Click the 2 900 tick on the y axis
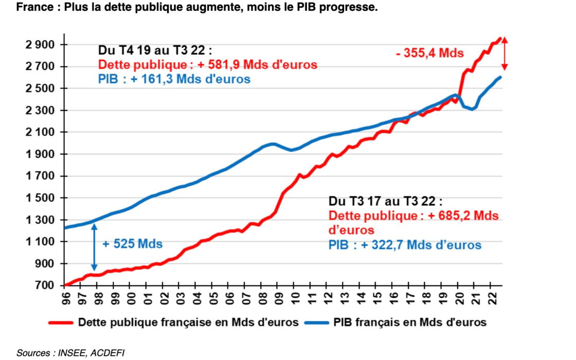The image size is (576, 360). tap(40, 45)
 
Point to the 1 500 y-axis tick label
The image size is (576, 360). tap(40, 198)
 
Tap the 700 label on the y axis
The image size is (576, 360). tap(44, 285)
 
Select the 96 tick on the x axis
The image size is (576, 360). tap(65, 298)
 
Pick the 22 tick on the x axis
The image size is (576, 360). tap(492, 298)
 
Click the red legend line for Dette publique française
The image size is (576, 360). tap(61, 323)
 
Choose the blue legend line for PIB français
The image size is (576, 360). tap(316, 323)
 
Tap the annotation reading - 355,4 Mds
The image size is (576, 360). tap(430, 53)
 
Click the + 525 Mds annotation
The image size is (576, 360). tap(132, 244)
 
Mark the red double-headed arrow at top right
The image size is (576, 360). tap(505, 53)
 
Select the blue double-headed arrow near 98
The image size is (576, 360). tap(95, 247)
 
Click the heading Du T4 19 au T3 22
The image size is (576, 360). tap(155, 50)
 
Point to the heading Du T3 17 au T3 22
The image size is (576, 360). tap(385, 201)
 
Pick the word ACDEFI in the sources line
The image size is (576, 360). tap(107, 353)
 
